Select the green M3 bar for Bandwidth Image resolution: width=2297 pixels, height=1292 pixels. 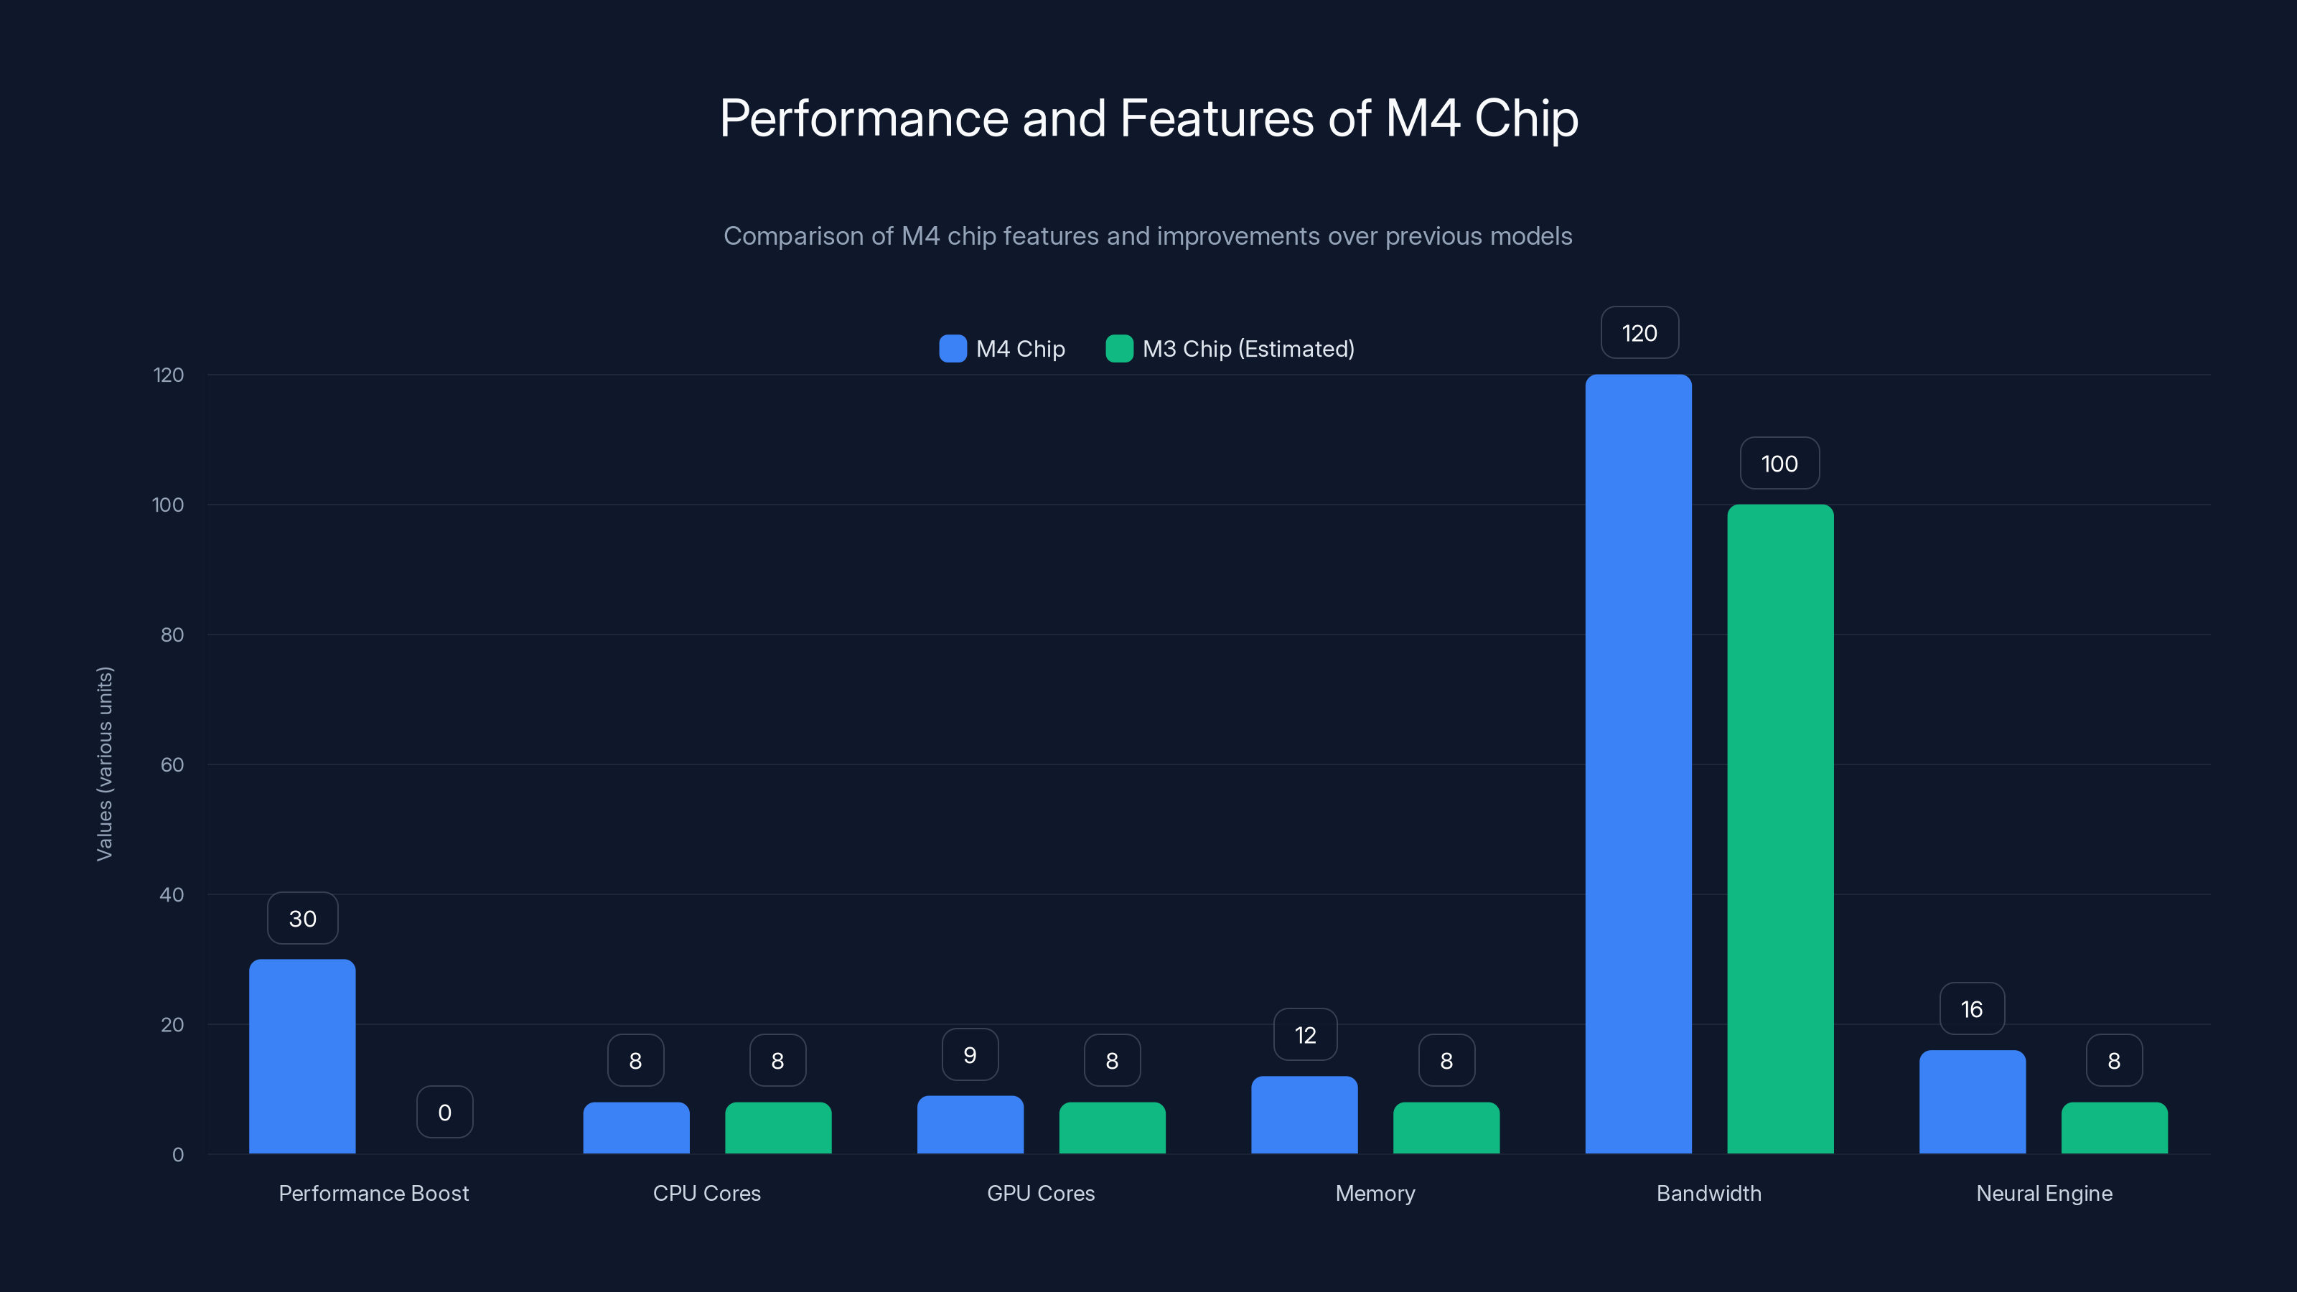[1780, 828]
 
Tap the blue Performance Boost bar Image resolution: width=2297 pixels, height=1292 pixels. [302, 1056]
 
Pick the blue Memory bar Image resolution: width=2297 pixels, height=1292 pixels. [1304, 1115]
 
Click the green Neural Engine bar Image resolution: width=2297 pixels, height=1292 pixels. [2113, 1127]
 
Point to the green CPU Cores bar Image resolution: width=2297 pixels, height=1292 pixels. [777, 1127]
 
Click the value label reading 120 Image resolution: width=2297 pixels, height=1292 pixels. [1639, 332]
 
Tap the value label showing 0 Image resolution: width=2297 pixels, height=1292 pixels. [444, 1112]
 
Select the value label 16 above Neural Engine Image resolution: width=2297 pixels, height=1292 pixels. [1972, 1008]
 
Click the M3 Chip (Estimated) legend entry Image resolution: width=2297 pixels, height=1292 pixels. [1230, 349]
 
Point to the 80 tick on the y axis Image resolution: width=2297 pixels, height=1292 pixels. [172, 635]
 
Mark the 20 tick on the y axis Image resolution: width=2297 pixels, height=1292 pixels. [172, 1024]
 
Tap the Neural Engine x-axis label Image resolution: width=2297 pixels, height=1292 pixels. [2044, 1193]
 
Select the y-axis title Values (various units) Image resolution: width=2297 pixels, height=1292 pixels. [104, 763]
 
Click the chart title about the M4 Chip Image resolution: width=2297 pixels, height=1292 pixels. [1148, 118]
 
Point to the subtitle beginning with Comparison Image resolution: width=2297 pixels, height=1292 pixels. [1148, 236]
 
